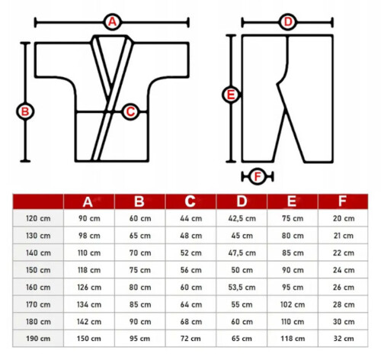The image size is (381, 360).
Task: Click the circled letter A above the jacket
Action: point(113,22)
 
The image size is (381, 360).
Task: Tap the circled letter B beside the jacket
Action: point(25,111)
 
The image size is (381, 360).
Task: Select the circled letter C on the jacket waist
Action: point(130,111)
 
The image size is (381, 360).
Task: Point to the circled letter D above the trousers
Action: point(287,22)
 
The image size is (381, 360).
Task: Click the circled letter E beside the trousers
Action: point(231,95)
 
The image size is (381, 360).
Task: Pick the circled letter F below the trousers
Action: point(258,176)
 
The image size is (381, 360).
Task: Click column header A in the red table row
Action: point(88,202)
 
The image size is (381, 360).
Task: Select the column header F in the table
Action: point(342,201)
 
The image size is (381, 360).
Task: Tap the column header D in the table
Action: point(242,201)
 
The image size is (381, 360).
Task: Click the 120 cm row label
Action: point(38,218)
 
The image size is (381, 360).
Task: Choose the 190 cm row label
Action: point(38,339)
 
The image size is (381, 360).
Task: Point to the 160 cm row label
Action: point(38,288)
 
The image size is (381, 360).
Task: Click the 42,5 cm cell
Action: point(242,219)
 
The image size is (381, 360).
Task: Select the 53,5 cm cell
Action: point(242,288)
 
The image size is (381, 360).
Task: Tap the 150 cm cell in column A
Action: point(89,339)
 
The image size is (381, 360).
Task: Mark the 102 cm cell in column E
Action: point(293,304)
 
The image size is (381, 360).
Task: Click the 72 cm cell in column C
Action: point(190,339)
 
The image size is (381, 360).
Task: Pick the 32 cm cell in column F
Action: point(344,339)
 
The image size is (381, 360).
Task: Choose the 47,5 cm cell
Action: point(242,253)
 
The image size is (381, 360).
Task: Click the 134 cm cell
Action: point(89,304)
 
